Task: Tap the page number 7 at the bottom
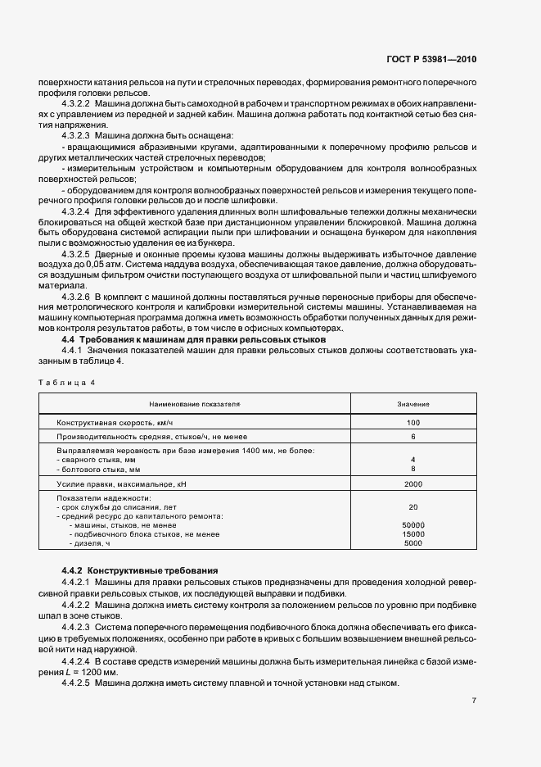(475, 701)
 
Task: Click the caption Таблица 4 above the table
(67, 383)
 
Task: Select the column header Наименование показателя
(194, 405)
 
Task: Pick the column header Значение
(413, 405)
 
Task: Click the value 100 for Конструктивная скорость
(413, 423)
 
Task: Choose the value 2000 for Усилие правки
(413, 485)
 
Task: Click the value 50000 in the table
(413, 524)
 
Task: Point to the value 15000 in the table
(413, 533)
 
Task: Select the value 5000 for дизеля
(413, 542)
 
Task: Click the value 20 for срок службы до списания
(413, 506)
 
